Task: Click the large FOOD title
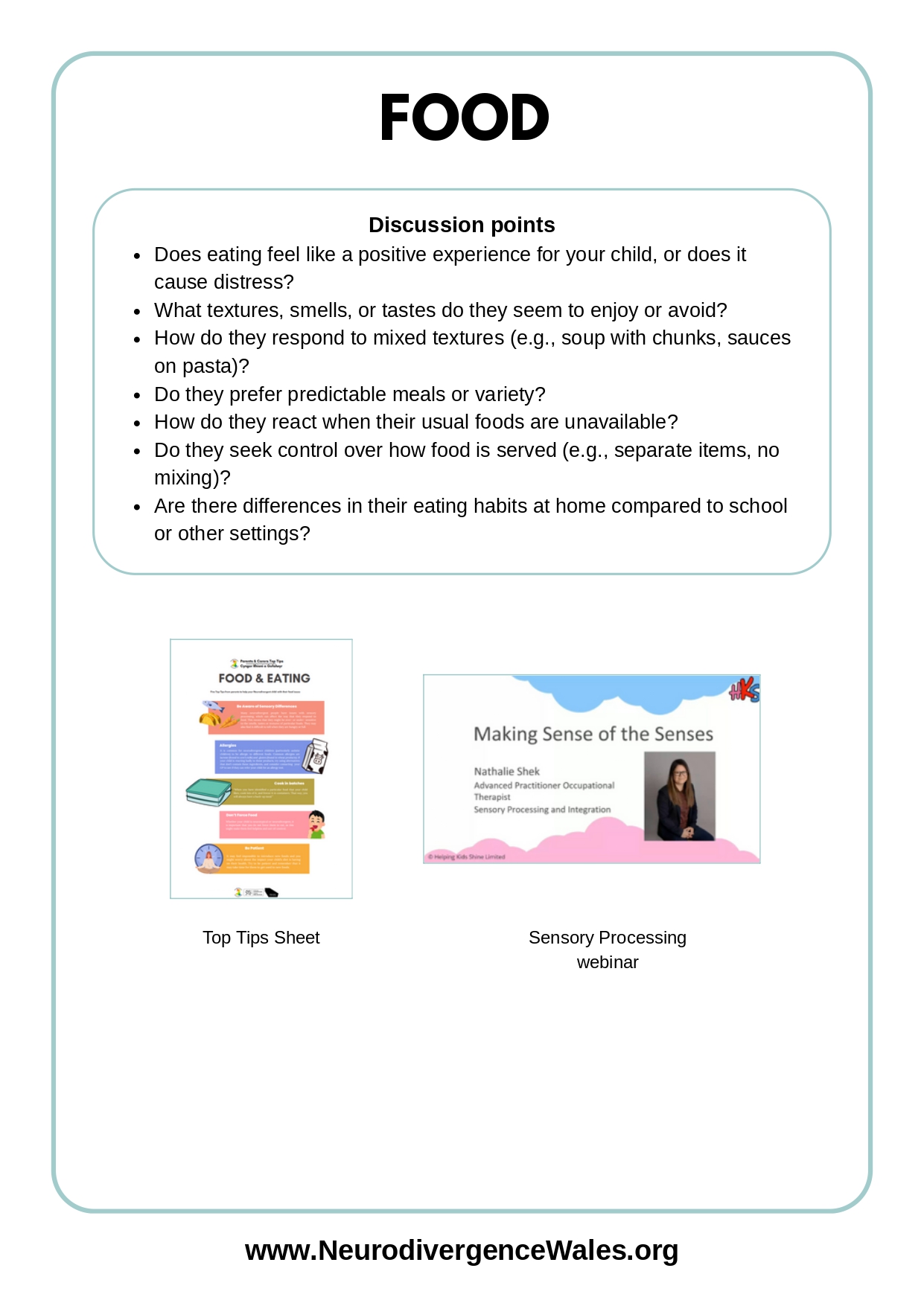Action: coord(464,118)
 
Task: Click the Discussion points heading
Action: coord(462,225)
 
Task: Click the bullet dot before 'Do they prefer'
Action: coord(137,395)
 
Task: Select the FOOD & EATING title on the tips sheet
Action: coord(264,679)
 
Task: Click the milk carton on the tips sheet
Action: coord(316,756)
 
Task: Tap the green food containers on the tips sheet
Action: coord(208,793)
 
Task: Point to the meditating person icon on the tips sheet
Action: coord(208,858)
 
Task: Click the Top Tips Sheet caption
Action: coord(261,938)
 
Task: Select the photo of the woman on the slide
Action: coord(679,796)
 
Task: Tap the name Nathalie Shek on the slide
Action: coord(506,772)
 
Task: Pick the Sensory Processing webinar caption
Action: coord(607,950)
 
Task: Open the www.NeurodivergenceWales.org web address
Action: coord(462,1251)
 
